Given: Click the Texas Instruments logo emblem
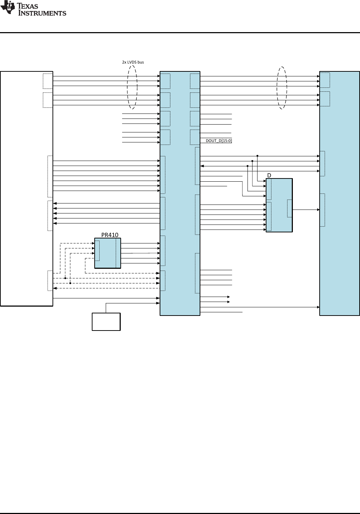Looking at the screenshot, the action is (8, 7).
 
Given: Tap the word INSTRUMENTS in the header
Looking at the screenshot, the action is (42, 13).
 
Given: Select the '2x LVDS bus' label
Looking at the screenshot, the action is (133, 62).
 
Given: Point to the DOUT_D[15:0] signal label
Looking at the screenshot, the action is (219, 141).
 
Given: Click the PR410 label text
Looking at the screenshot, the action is (110, 235).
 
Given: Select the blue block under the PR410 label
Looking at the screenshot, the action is (108, 253).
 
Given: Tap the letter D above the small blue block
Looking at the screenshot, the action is (269, 175).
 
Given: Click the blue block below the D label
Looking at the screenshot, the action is (279, 205).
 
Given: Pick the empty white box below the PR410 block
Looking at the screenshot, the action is (106, 322).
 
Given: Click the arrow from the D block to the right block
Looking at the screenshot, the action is (306, 210).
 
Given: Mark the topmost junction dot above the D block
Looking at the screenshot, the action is (257, 156).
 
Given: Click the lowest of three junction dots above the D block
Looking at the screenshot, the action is (247, 166).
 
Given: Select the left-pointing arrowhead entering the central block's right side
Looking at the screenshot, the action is (202, 166).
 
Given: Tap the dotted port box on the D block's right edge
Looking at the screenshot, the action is (290, 208).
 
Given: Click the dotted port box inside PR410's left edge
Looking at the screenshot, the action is (97, 251).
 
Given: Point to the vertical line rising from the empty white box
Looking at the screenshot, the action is (106, 308).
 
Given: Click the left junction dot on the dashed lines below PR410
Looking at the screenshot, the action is (65, 278).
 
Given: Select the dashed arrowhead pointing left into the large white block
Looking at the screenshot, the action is (55, 288).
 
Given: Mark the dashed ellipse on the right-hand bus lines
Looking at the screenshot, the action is (277, 88).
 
